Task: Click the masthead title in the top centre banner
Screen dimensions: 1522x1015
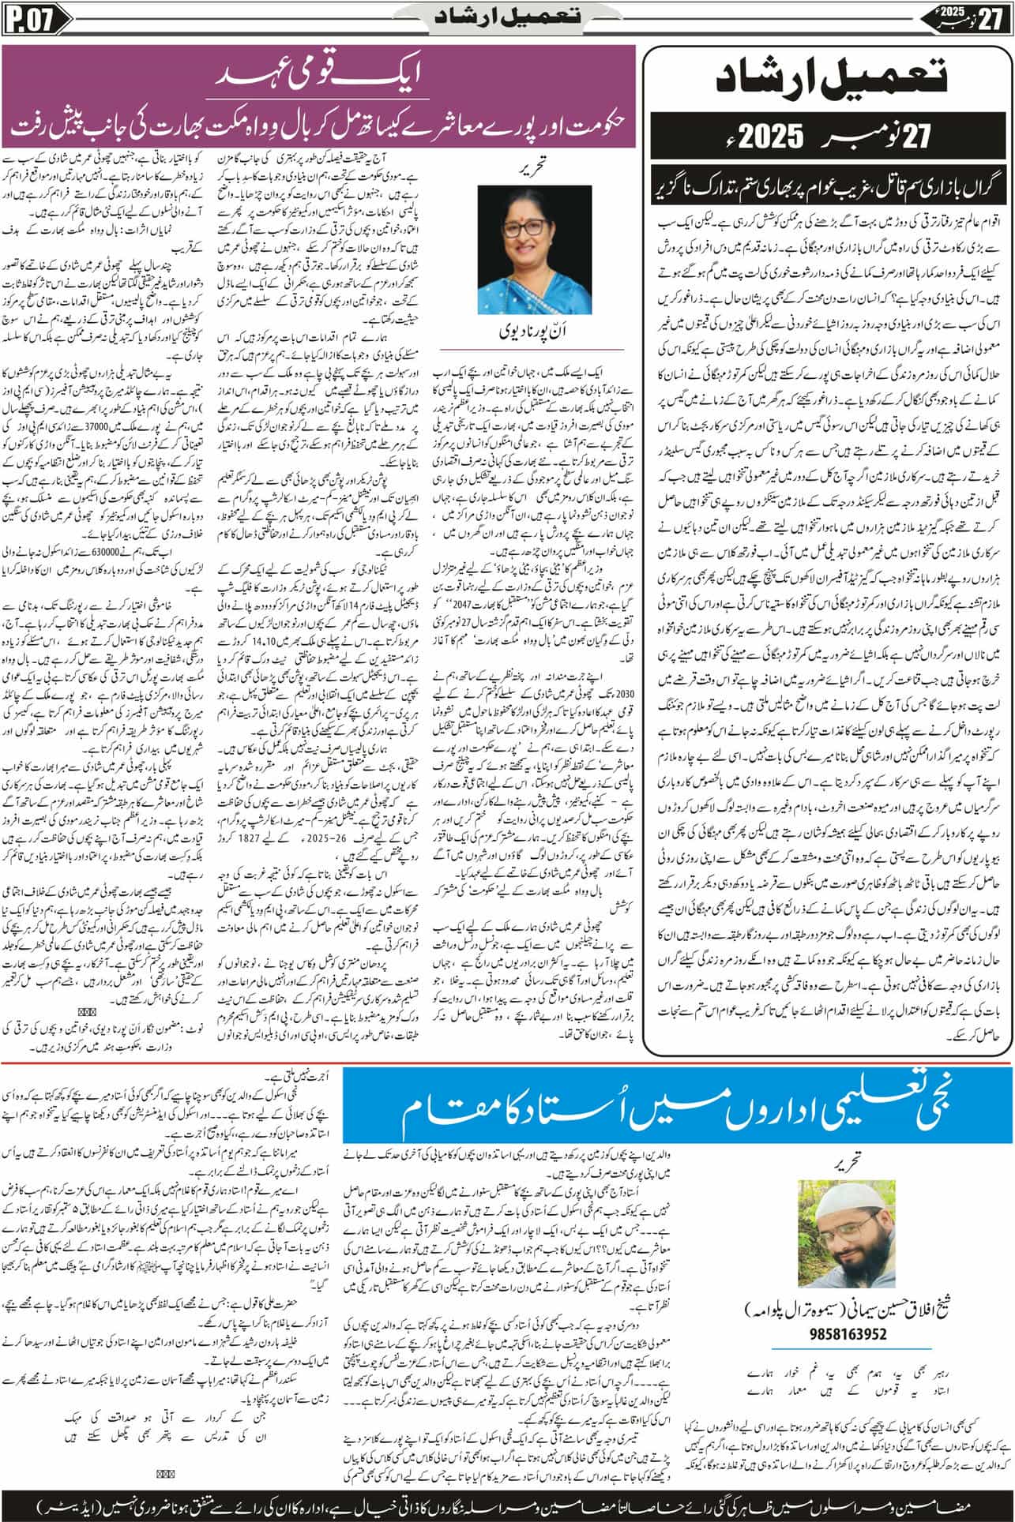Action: [507, 18]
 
